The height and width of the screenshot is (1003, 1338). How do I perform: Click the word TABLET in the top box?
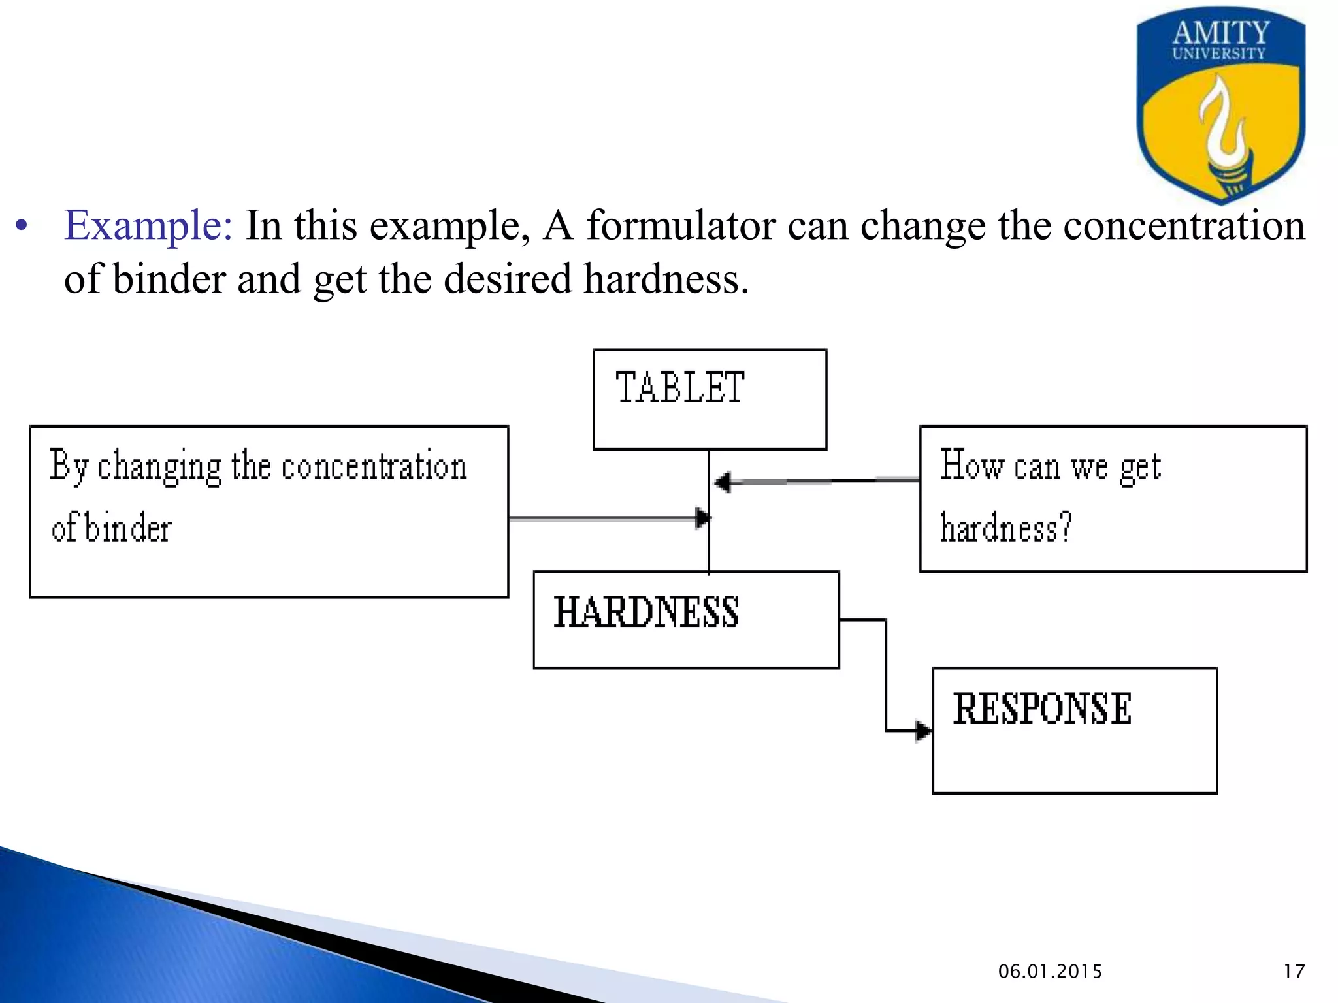(x=679, y=387)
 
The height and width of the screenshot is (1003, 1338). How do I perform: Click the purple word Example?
(x=148, y=226)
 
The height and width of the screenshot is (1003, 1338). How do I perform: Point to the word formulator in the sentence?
(x=680, y=226)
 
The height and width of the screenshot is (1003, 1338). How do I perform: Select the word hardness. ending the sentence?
(x=665, y=279)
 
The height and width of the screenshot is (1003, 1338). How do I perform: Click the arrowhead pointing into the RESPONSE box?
(x=922, y=731)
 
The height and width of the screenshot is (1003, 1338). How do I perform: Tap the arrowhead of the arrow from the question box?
(x=723, y=483)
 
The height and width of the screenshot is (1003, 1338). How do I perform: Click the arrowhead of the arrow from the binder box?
(x=703, y=518)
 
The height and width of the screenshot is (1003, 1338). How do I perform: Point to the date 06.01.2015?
(x=1050, y=972)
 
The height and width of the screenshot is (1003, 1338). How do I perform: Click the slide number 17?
(x=1294, y=972)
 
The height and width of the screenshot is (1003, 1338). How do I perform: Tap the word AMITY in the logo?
(x=1220, y=33)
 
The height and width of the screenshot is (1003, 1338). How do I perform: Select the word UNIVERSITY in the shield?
(x=1218, y=54)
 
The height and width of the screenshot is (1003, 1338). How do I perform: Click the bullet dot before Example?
(x=22, y=227)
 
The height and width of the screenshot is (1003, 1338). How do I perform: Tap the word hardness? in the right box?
(x=1005, y=528)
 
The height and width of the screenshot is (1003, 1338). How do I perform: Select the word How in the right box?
(x=971, y=466)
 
